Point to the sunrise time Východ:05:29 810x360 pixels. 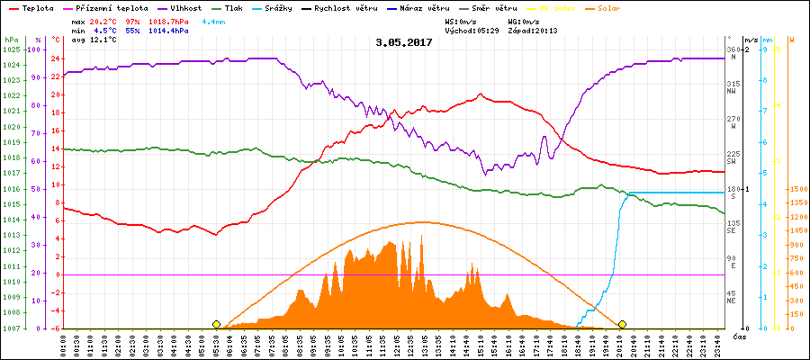[471, 30]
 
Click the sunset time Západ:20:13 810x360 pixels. [533, 30]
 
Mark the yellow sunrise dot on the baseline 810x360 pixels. [216, 324]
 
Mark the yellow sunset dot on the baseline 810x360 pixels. [622, 324]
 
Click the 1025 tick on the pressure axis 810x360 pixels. [11, 49]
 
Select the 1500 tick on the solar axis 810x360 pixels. [797, 190]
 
